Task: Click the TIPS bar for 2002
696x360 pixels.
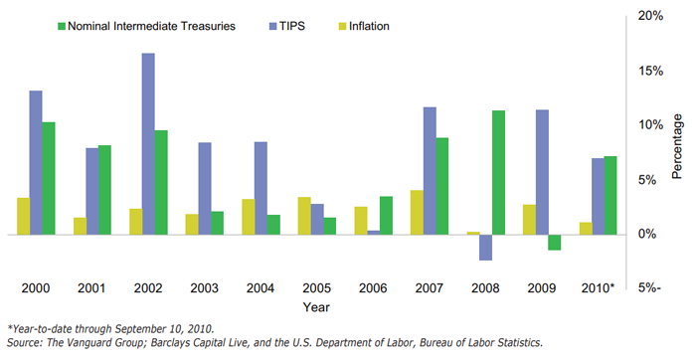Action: click(147, 144)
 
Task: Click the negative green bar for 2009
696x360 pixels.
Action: click(554, 242)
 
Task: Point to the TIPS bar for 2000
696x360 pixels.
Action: click(36, 163)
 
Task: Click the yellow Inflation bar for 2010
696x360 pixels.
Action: click(586, 228)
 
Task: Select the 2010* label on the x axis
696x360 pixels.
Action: click(597, 288)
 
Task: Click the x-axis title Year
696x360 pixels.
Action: click(317, 307)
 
